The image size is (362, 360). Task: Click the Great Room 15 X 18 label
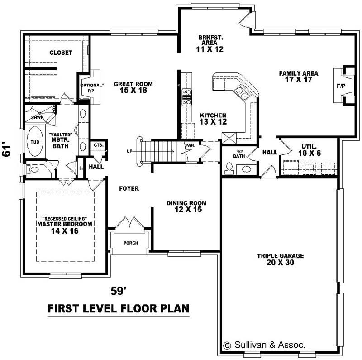coord(133,87)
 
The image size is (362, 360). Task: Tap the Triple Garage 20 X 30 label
coord(280,259)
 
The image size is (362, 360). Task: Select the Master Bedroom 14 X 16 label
coord(65,227)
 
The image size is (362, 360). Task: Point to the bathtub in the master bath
coord(34,142)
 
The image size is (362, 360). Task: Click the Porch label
coord(131,243)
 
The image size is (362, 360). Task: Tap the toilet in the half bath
coord(229,168)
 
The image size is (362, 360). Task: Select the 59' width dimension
coord(119,291)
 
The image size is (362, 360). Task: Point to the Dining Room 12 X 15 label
coord(186,206)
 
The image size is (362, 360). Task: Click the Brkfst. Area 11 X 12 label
coord(211,43)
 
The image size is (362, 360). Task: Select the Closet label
coord(61,53)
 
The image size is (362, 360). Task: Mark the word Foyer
coord(129,188)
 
